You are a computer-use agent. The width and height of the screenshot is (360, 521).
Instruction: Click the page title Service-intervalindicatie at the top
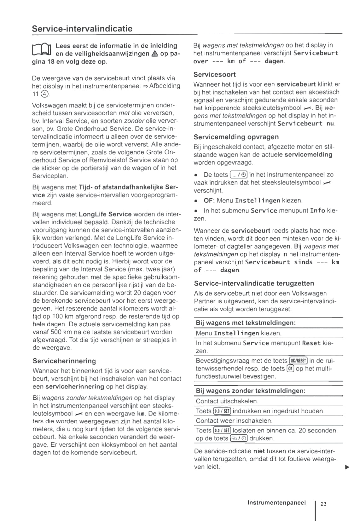[82, 29]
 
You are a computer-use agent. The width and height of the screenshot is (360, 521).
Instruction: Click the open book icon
[42, 49]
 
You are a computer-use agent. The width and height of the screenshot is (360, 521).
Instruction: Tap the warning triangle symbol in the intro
[154, 54]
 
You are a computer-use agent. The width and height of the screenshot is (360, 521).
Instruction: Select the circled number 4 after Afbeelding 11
[45, 94]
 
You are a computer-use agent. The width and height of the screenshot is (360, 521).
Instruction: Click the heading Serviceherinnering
[64, 361]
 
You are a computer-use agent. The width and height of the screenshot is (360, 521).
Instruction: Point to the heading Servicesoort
[214, 75]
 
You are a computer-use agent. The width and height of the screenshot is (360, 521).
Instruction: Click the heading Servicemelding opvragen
[236, 137]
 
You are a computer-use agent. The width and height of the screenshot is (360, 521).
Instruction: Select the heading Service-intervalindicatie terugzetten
[254, 283]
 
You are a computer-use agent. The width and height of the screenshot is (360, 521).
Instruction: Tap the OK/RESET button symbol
[298, 361]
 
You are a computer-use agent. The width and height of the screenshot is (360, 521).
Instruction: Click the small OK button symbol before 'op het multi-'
[290, 369]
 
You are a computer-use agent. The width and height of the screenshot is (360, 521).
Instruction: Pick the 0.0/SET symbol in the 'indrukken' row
[222, 411]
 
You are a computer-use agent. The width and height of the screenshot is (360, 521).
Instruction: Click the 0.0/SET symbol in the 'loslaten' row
[222, 430]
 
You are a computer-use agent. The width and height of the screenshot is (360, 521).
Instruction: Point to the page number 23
[323, 504]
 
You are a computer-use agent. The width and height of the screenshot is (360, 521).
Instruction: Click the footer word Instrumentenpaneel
[276, 502]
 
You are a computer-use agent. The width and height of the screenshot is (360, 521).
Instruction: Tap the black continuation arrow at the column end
[347, 467]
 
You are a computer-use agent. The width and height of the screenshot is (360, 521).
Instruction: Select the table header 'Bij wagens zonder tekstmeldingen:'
[250, 391]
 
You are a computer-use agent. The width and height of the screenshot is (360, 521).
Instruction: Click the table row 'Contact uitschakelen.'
[227, 401]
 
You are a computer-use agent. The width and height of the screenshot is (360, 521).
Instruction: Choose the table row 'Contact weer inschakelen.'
[234, 421]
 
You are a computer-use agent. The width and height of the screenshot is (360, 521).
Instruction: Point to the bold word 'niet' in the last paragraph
[259, 451]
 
